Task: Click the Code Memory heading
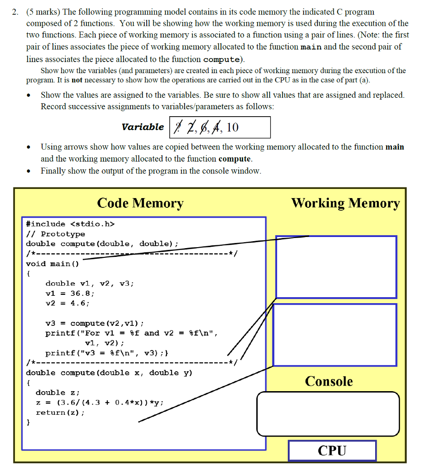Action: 140,203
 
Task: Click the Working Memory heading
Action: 345,203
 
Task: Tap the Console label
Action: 328,381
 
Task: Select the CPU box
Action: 332,450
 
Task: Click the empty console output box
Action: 328,414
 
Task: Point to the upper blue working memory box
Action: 336,267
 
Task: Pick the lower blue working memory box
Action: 335,335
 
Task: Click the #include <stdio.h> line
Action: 70,224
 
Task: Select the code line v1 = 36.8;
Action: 70,293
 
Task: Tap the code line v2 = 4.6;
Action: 68,303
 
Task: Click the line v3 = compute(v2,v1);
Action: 94,323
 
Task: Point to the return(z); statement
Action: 60,412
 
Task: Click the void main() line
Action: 52,264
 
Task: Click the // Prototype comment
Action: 56,234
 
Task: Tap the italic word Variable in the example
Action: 142,127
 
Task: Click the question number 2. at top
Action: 15,12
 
